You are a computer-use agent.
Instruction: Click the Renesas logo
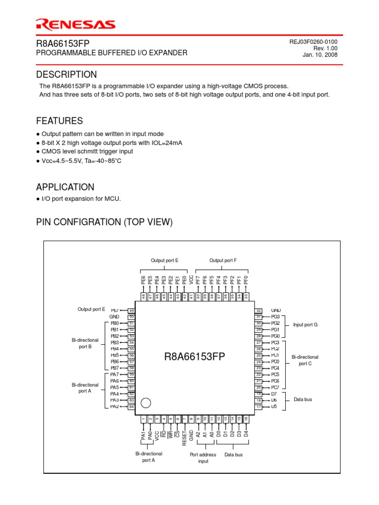tap(76, 25)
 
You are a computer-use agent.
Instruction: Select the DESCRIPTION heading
tap(67, 74)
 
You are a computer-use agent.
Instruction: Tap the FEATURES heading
tap(59, 121)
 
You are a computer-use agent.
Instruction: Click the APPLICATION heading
tap(65, 187)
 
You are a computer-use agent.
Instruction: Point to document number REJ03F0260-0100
tap(313, 42)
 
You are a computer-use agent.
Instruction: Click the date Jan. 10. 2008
tap(320, 55)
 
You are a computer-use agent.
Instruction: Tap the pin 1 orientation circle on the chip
tap(146, 403)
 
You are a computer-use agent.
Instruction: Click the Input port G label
tap(305, 325)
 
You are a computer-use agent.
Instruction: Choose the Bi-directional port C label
tap(305, 360)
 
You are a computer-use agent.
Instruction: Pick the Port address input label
tap(203, 458)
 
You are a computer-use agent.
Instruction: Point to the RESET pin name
tap(185, 437)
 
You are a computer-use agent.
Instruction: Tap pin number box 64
tap(131, 407)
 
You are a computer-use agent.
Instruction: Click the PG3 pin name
tap(275, 317)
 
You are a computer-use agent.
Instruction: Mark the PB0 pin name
tap(114, 323)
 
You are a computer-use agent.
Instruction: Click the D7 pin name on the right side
tap(274, 394)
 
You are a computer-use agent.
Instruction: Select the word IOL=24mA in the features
tap(165, 143)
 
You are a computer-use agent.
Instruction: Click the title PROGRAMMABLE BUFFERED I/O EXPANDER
tap(112, 53)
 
